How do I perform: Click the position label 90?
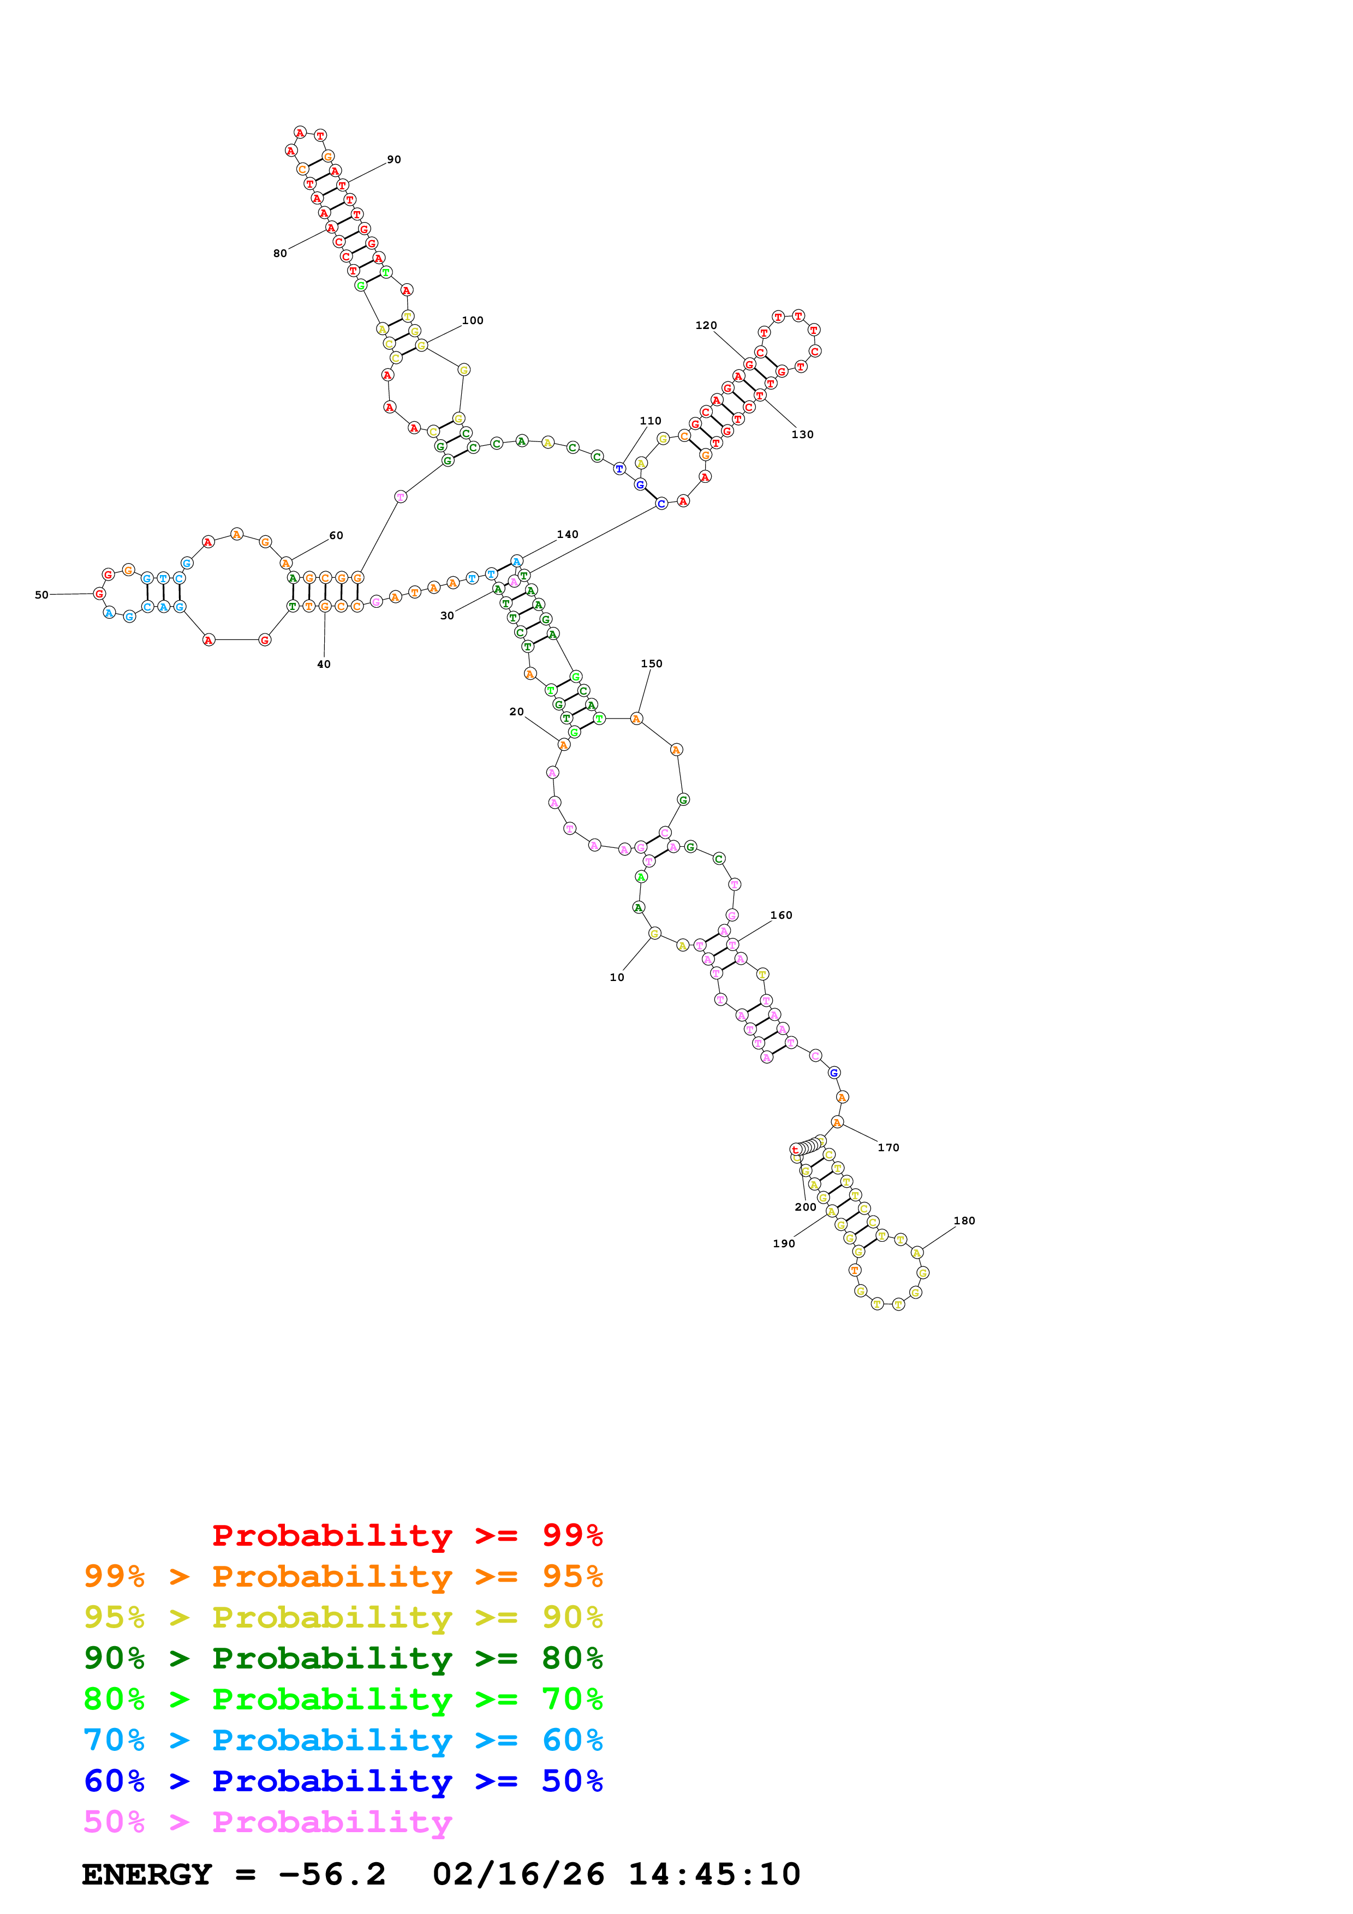(394, 159)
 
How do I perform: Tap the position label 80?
(280, 253)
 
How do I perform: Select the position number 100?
(472, 320)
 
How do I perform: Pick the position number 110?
(650, 421)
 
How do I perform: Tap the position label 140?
(567, 534)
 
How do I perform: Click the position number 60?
(336, 535)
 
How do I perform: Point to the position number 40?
(324, 665)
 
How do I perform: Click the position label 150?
(651, 663)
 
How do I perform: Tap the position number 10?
(616, 977)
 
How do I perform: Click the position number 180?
(964, 1221)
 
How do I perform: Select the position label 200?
(804, 1206)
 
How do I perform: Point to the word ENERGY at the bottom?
(147, 1874)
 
